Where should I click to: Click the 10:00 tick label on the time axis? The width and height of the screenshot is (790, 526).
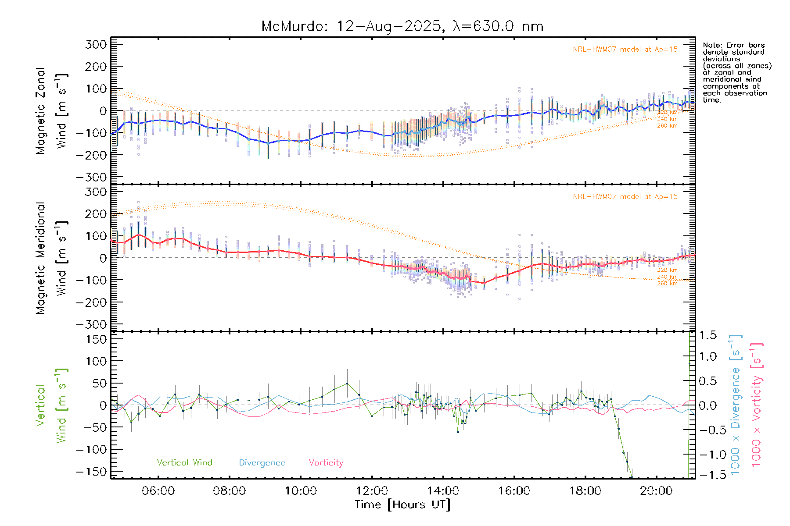(x=301, y=491)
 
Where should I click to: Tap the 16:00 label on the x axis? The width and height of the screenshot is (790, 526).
(x=514, y=491)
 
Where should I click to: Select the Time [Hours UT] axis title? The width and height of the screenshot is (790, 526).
(x=402, y=505)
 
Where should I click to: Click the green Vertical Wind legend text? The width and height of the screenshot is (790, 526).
(x=184, y=463)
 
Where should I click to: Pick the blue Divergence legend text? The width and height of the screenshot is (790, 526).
(x=262, y=463)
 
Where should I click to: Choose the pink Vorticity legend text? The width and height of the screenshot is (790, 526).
(x=326, y=463)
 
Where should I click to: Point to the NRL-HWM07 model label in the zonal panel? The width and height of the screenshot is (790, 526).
(x=625, y=50)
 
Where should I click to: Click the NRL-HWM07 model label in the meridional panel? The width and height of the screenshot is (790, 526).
(x=625, y=197)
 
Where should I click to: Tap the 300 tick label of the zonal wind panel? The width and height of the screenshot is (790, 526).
(x=96, y=45)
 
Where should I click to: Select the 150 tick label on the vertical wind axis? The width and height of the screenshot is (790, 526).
(x=96, y=339)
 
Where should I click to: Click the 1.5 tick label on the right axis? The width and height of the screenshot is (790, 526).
(x=708, y=335)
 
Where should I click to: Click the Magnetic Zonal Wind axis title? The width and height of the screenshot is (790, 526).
(x=51, y=110)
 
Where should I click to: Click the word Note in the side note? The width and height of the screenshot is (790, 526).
(x=712, y=46)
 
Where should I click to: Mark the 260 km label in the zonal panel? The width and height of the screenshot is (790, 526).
(x=667, y=126)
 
